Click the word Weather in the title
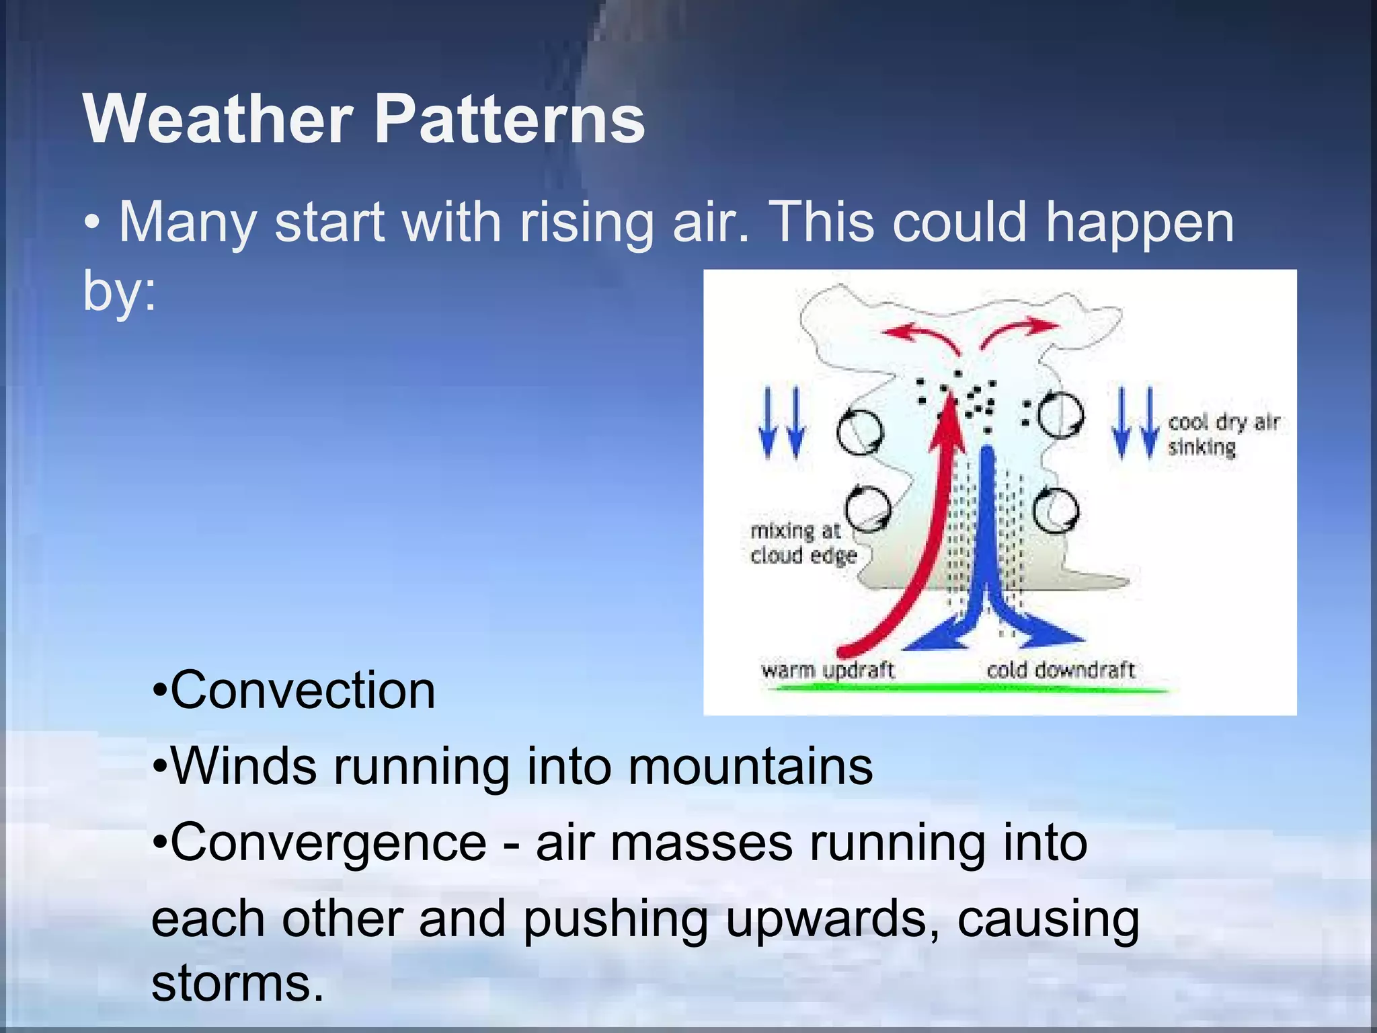coord(217,120)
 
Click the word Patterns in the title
coord(509,120)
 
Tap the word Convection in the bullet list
coord(303,691)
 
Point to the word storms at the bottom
coord(237,983)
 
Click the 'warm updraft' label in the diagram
coord(828,671)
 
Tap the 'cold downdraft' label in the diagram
coord(1060,671)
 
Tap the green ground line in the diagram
coord(968,688)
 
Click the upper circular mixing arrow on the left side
coord(860,432)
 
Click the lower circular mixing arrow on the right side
coord(1056,512)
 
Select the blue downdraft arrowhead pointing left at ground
coord(928,639)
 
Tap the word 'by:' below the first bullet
coord(119,291)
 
